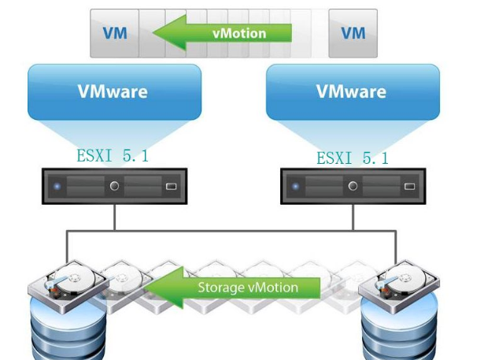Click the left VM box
click(114, 33)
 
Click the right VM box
click(353, 33)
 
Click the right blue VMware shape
click(351, 91)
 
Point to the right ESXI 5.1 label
click(353, 158)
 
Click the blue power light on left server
click(57, 187)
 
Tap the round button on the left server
click(114, 187)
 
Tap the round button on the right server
click(353, 187)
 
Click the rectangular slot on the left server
click(172, 187)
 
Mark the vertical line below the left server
click(115, 217)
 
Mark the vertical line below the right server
click(352, 217)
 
